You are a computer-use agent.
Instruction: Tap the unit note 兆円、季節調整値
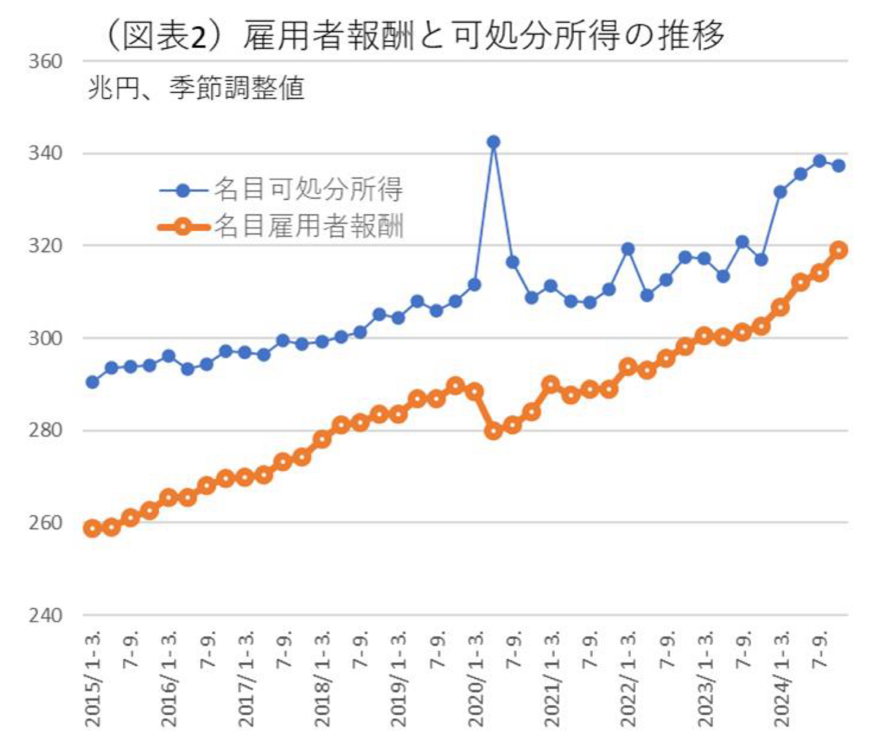[x=196, y=89]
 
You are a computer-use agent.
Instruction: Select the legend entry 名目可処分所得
[x=307, y=189]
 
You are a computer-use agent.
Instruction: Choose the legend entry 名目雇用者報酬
[x=307, y=227]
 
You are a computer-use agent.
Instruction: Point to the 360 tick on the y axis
[x=45, y=62]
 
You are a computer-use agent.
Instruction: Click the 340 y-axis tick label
[x=45, y=154]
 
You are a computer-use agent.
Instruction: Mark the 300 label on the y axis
[x=45, y=338]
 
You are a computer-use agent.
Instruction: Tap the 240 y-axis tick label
[x=45, y=615]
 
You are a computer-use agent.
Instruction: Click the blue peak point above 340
[x=493, y=142]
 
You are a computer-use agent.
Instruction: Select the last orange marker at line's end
[x=839, y=250]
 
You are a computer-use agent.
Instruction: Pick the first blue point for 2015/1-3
[x=92, y=382]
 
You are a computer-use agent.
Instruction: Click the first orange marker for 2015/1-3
[x=92, y=529]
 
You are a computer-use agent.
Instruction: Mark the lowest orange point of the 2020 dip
[x=493, y=431]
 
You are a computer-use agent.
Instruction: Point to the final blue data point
[x=839, y=166]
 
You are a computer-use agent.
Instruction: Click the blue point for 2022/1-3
[x=628, y=249]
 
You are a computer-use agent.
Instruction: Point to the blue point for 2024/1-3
[x=781, y=192]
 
